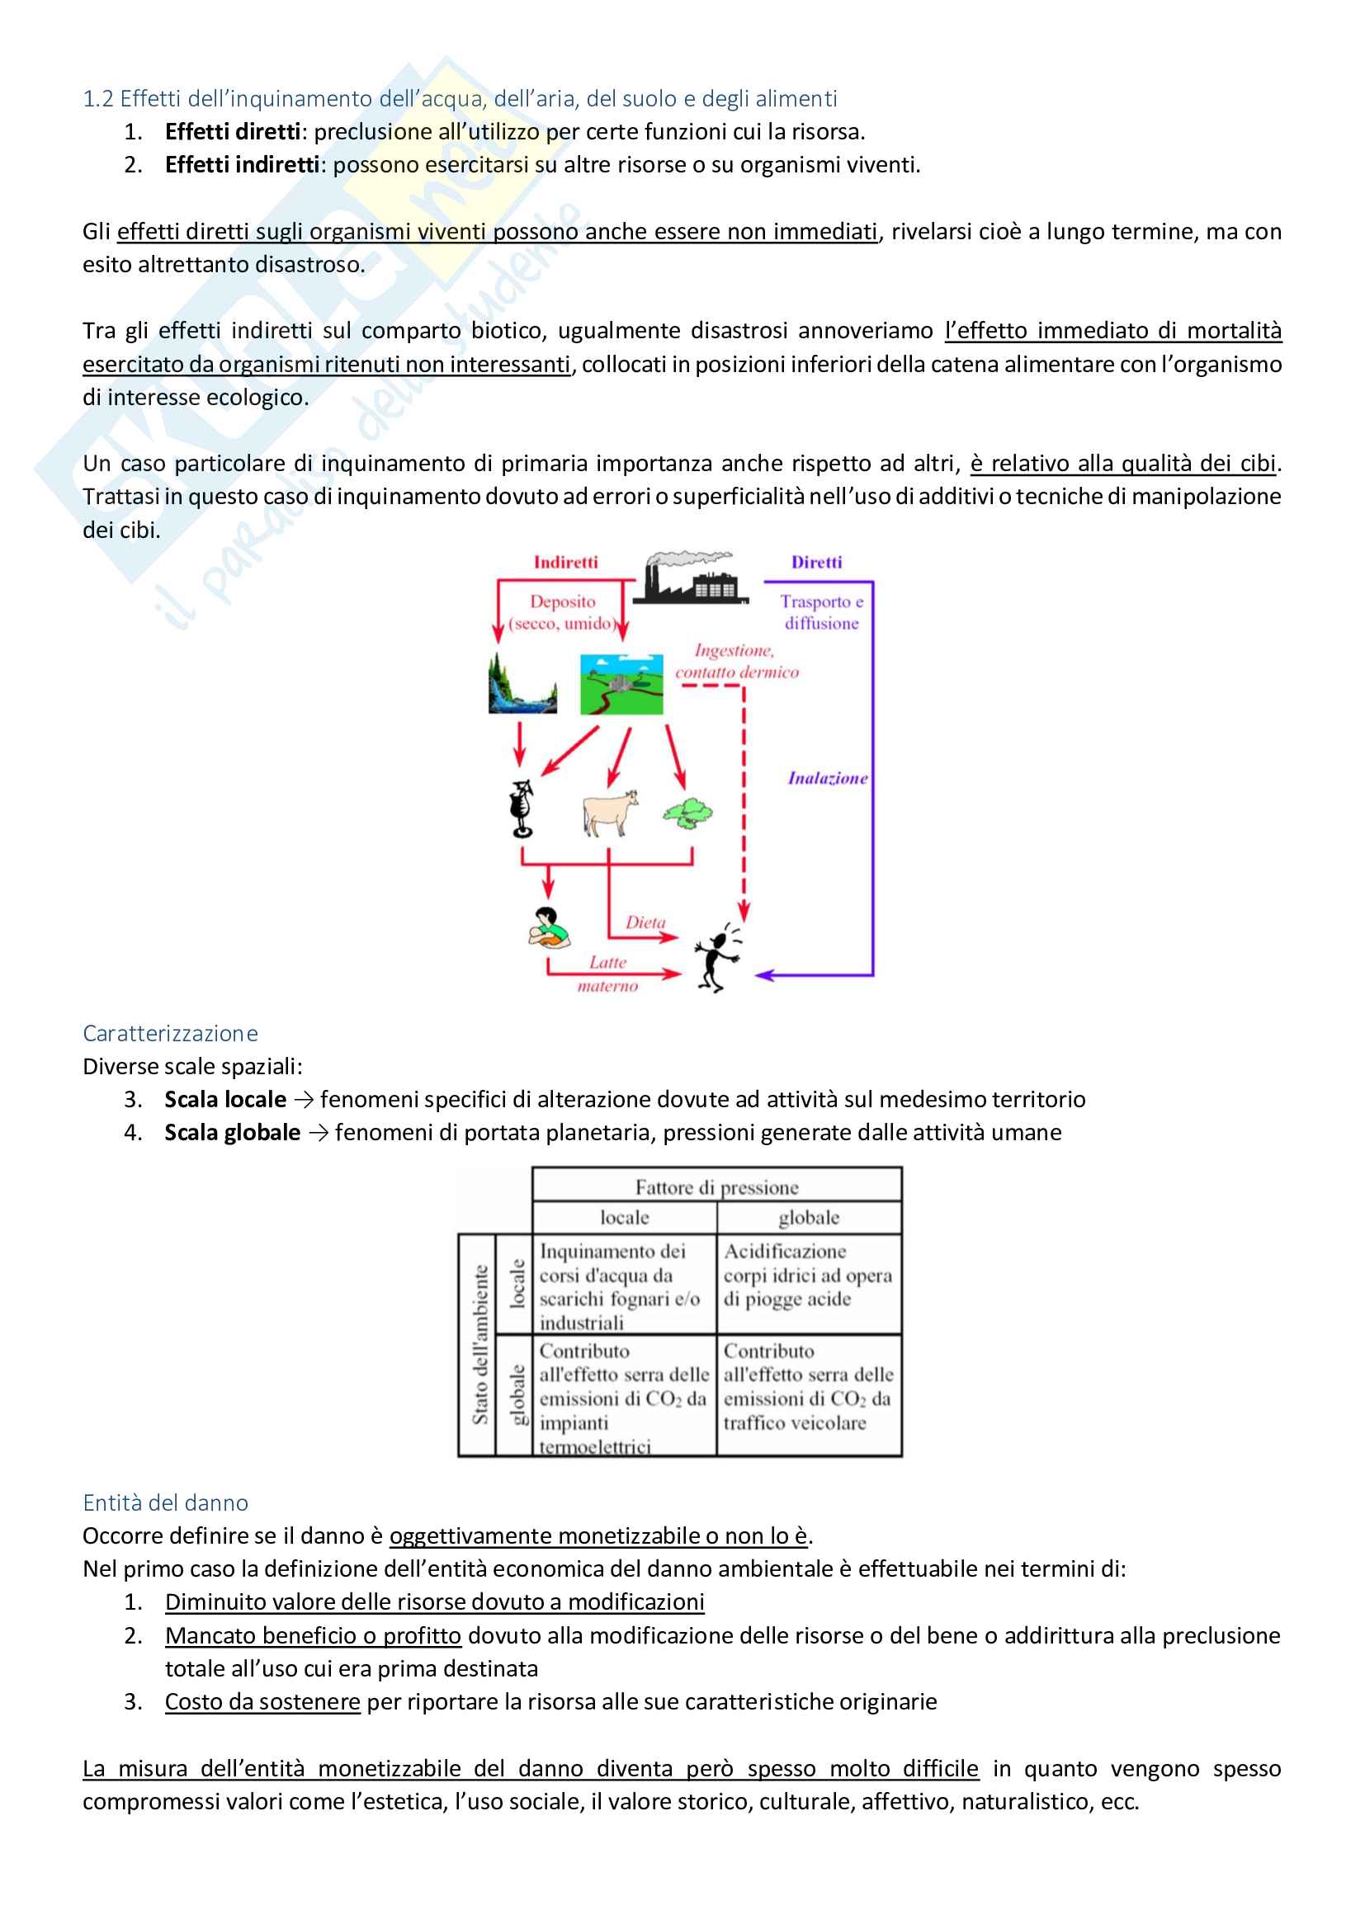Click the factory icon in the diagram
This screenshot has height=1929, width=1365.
689,579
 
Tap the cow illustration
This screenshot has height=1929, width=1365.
609,813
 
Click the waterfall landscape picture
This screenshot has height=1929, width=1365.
522,685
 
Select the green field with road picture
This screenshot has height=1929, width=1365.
621,685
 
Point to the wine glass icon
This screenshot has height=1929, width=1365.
522,809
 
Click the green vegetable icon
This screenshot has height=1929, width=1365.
687,814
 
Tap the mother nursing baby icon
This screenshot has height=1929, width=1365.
548,929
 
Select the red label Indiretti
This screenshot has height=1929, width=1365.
565,562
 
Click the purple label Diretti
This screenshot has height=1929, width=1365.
816,562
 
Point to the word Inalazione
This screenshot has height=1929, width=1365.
827,778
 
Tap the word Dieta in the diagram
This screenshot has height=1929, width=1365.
645,922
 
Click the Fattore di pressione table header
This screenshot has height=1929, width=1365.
716,1186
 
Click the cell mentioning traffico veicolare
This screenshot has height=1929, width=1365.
808,1398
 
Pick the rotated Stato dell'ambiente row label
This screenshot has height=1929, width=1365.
479,1344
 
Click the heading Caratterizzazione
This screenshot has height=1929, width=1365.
170,1032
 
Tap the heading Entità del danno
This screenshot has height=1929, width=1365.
166,1502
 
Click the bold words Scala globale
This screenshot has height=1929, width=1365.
232,1133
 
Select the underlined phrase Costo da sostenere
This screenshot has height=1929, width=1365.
262,1702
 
